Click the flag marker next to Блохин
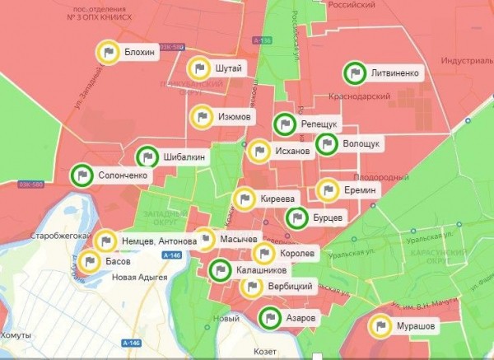coord(107,52)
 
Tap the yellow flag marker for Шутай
coord(198,68)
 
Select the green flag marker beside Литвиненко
coord(355,73)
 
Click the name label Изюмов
coord(235,117)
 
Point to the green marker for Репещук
coord(284,124)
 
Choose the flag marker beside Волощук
coord(325,144)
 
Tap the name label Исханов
coord(292,152)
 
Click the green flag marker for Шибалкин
coord(147,157)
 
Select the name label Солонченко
coord(123,175)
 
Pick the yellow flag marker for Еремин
coord(328,190)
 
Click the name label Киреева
coord(277,199)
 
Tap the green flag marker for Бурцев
coord(296,218)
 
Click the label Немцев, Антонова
coord(159,241)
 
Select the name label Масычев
coord(239,240)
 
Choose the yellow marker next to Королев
coord(265,254)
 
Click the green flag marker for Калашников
coord(220,269)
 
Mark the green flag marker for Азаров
coord(269,318)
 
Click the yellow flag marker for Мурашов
coord(380,326)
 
